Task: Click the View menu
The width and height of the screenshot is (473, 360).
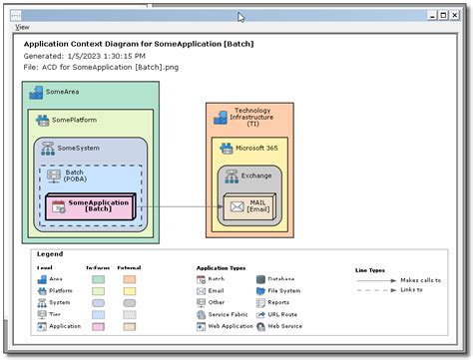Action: click(x=22, y=27)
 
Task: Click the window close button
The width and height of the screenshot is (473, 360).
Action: click(x=457, y=15)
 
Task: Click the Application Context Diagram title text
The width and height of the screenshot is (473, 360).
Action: click(x=138, y=44)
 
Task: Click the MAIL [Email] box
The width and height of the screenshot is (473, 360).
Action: click(x=249, y=206)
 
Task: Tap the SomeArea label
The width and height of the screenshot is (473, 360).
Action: click(x=62, y=92)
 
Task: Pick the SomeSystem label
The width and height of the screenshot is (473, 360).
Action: click(x=79, y=148)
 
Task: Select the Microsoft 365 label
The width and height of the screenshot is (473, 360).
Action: click(x=257, y=148)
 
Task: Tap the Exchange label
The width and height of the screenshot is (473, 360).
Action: click(x=255, y=176)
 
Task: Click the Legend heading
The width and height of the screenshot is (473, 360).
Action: click(x=49, y=254)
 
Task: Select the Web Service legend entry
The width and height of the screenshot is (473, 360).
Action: click(x=284, y=326)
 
